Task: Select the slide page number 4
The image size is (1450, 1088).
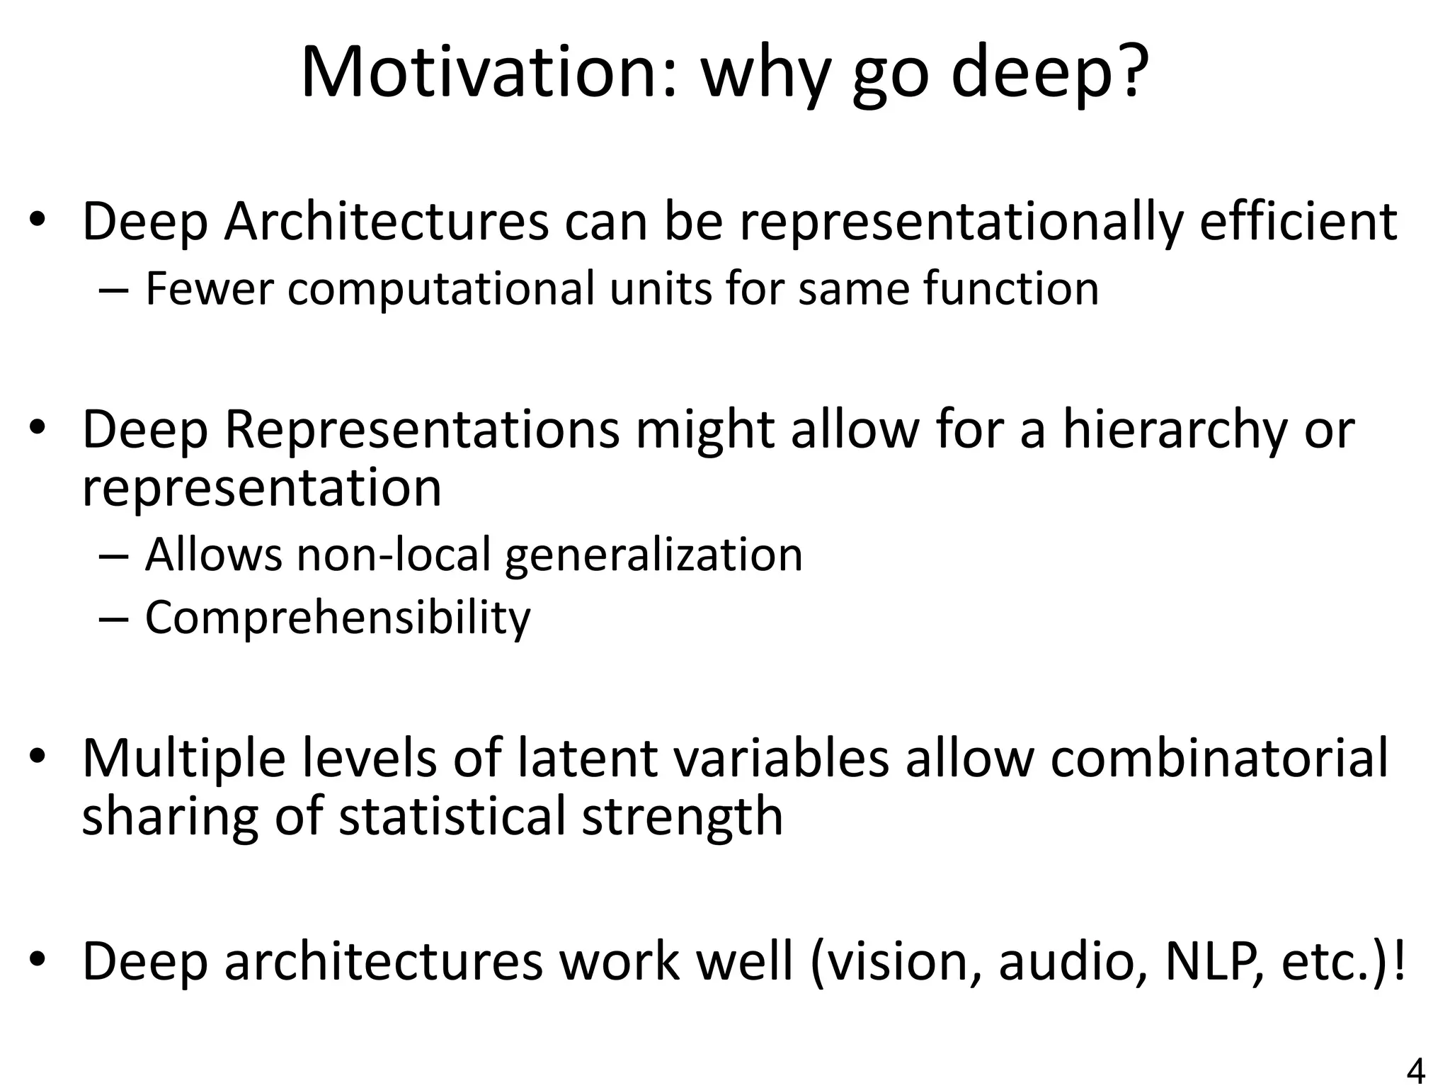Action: [1415, 1072]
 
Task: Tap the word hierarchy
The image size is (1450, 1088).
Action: [1175, 431]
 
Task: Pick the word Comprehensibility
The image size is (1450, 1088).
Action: [338, 618]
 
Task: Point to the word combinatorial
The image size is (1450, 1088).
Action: [1218, 758]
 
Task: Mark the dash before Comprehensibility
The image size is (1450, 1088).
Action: [114, 618]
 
